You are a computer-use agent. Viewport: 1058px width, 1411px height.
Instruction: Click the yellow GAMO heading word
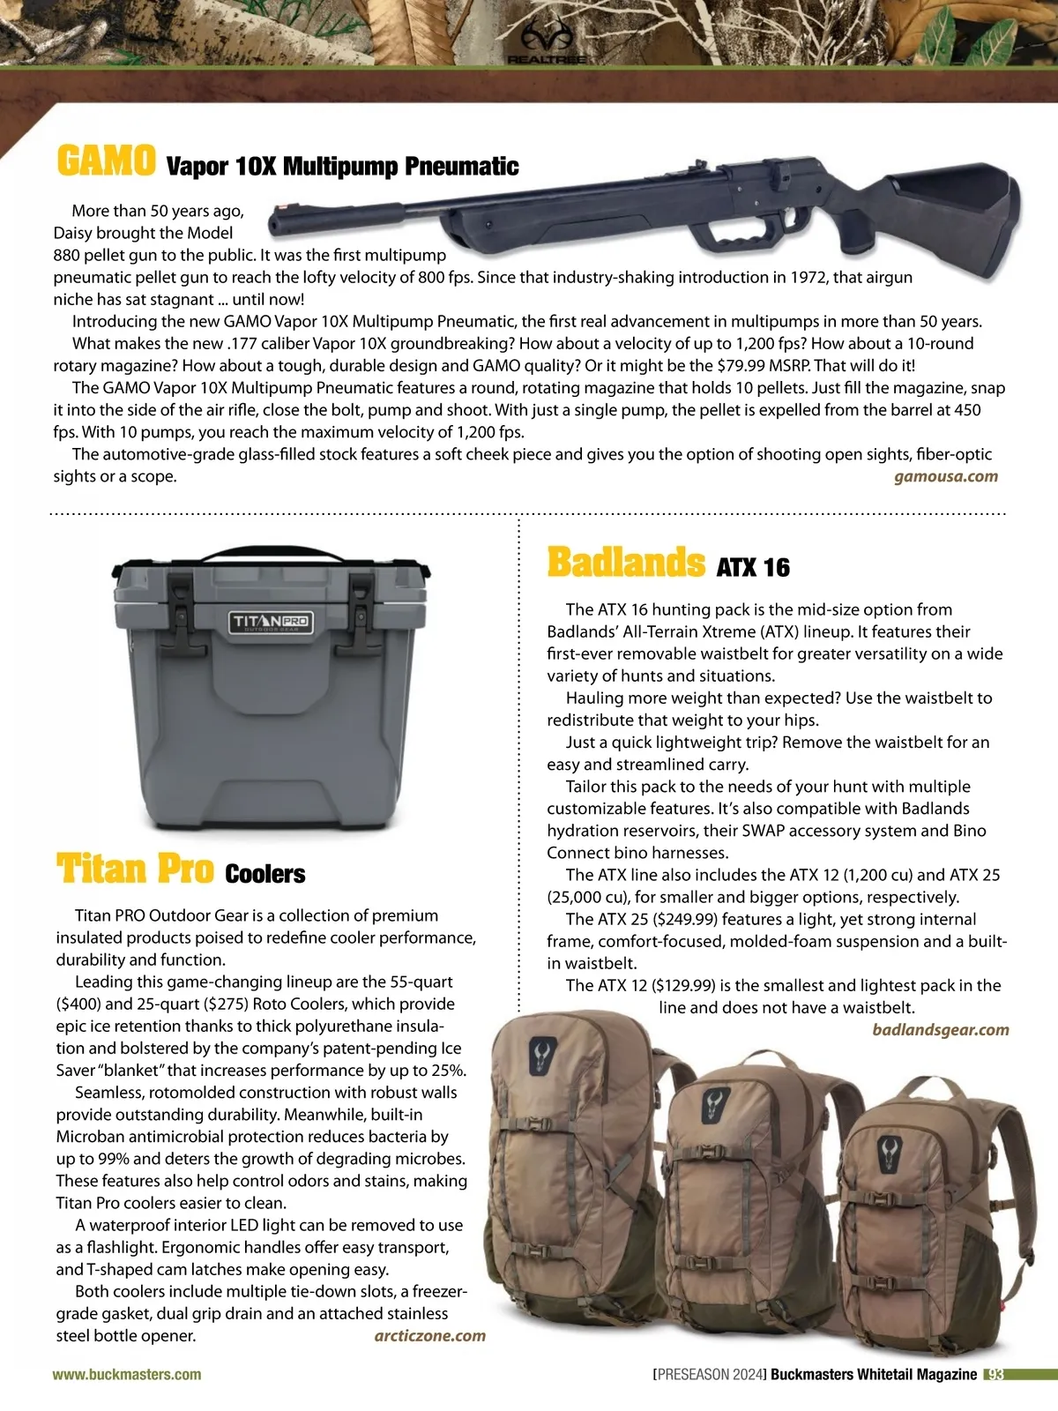point(106,161)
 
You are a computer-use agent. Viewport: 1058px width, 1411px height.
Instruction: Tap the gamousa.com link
point(945,477)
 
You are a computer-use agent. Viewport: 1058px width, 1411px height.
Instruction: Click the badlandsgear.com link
point(940,1030)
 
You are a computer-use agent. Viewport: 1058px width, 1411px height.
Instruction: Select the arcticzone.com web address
point(429,1335)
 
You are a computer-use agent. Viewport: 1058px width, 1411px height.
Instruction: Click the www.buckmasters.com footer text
point(127,1374)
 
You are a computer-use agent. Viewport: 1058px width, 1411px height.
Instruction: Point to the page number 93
point(995,1374)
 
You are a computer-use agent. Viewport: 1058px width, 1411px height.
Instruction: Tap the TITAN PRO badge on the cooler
point(271,622)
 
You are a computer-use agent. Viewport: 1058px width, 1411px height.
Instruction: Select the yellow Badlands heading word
point(626,563)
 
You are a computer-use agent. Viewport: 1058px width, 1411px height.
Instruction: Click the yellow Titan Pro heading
point(135,869)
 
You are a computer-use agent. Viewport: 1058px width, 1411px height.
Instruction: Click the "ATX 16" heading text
point(753,567)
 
